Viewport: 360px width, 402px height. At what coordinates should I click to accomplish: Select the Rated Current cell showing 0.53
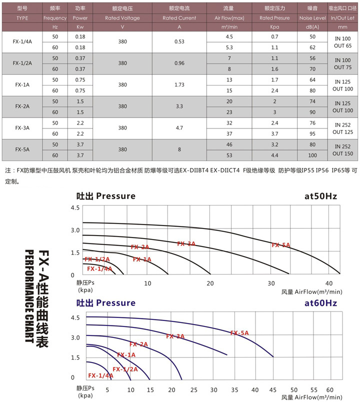coord(179,41)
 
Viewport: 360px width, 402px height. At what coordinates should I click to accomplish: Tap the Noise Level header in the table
coord(312,18)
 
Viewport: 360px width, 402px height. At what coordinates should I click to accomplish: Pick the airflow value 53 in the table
coord(229,155)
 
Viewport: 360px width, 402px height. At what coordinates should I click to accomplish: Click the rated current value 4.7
coord(179,127)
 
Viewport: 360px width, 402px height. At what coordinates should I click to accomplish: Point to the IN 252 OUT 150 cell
coord(342,149)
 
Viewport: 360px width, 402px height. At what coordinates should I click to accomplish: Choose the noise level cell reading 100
coord(312,155)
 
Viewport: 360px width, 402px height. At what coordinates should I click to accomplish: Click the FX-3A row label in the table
coord(22,127)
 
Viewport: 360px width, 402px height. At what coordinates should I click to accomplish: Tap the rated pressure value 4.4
coord(274,155)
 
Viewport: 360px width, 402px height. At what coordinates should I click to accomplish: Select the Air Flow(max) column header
coord(229,18)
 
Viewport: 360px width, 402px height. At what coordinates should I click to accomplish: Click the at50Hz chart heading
coord(320,196)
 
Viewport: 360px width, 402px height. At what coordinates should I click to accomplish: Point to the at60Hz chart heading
coord(320,303)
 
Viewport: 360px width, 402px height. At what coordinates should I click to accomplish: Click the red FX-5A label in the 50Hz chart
coord(281,245)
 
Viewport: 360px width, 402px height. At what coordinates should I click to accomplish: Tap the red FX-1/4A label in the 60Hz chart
coord(100,375)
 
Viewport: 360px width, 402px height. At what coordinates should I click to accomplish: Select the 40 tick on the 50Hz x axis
coord(330,283)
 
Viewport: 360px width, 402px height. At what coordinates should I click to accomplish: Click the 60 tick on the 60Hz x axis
coord(329,389)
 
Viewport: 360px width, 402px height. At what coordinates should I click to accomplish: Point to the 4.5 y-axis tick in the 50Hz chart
coord(75,207)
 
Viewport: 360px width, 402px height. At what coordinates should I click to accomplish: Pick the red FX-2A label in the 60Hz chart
coord(139,344)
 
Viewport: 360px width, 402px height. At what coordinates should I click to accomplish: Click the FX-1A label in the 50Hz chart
coord(142,259)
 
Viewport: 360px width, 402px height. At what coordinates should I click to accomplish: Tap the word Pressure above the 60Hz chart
coord(115,303)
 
